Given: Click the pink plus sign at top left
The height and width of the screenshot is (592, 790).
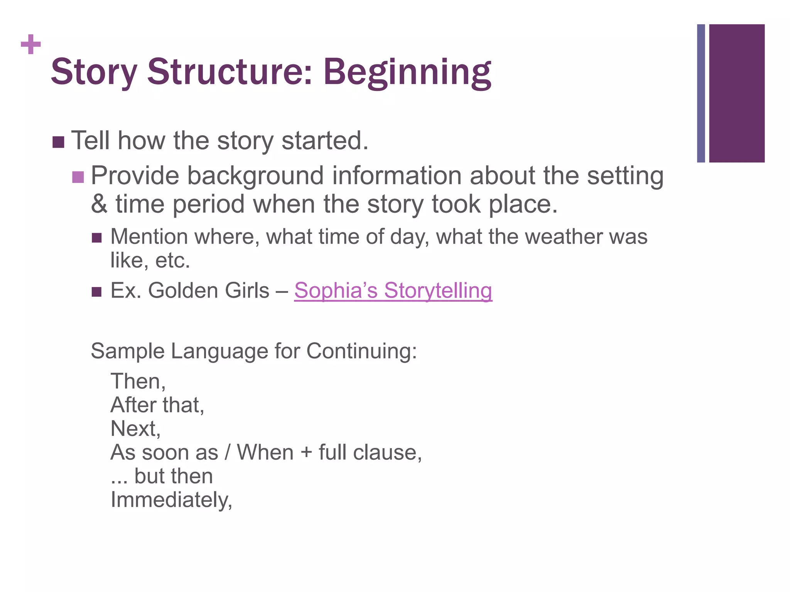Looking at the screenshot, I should [x=31, y=44].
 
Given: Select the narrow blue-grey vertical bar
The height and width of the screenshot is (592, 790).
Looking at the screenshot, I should [x=701, y=93].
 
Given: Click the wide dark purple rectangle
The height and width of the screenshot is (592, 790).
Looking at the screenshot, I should [x=737, y=93].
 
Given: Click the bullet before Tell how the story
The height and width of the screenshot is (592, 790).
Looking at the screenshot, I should [x=58, y=142].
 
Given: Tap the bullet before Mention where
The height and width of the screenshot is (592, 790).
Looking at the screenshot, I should [x=96, y=237].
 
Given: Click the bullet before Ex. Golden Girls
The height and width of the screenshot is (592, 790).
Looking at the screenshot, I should [x=96, y=291].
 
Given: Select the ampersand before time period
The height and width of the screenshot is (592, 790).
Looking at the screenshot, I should [x=99, y=204].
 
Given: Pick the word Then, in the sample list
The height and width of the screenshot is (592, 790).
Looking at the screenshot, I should [x=138, y=382].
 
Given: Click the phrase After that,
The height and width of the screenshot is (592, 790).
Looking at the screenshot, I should [x=157, y=405].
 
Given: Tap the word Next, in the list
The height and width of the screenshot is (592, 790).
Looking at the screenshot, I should [x=135, y=429].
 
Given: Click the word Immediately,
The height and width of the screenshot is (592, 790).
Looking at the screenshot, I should [x=171, y=500].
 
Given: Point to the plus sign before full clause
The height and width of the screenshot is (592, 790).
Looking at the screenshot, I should [x=306, y=452].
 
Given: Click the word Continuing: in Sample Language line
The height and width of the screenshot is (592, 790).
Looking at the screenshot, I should [x=361, y=351].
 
